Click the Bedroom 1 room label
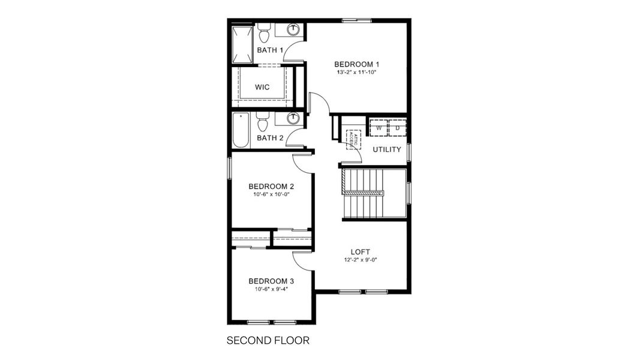(356, 64)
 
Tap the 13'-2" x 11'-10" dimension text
(356, 73)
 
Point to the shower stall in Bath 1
(242, 44)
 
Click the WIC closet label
(262, 87)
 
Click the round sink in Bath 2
(293, 118)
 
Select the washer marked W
(379, 128)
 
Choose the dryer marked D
(397, 128)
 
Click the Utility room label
(387, 149)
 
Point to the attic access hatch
(353, 139)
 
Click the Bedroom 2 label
(271, 185)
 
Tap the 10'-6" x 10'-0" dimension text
(271, 194)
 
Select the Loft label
(360, 251)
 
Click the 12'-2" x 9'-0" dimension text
(360, 260)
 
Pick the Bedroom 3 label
(271, 281)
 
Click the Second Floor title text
(268, 341)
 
